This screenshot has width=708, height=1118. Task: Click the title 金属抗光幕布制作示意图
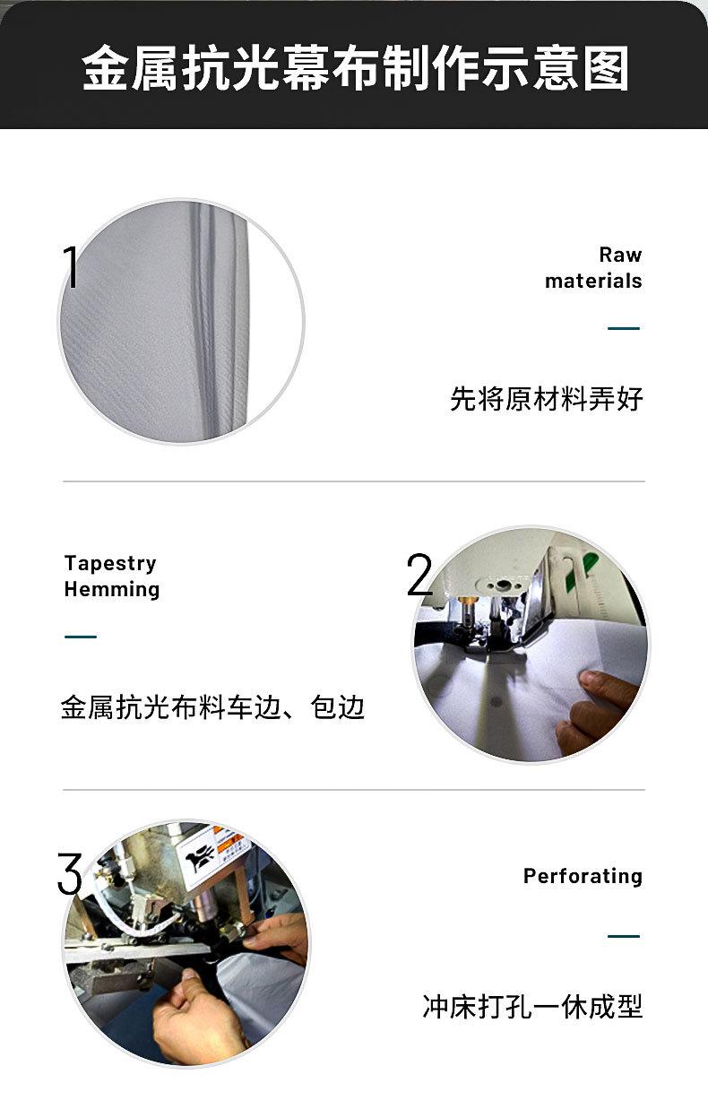tap(355, 68)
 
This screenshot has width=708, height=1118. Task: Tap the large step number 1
tap(72, 267)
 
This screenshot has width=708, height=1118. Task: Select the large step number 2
tap(419, 575)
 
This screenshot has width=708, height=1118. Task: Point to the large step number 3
tap(69, 873)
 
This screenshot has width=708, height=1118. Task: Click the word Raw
tap(620, 255)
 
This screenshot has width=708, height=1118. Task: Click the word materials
tap(593, 281)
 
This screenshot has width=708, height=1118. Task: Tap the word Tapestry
tap(110, 564)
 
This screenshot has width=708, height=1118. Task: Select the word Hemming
tap(112, 590)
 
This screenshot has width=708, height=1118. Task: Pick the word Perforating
tap(583, 877)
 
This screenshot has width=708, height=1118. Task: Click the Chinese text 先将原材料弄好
tap(547, 398)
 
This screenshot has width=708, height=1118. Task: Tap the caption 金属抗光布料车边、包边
tap(212, 707)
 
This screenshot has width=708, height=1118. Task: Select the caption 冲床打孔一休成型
tap(532, 1006)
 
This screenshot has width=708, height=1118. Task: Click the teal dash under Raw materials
tap(624, 328)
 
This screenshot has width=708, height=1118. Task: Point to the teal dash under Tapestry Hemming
tap(81, 637)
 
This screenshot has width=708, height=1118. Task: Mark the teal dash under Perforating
tap(624, 936)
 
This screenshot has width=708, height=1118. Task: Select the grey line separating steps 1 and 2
tap(354, 481)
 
